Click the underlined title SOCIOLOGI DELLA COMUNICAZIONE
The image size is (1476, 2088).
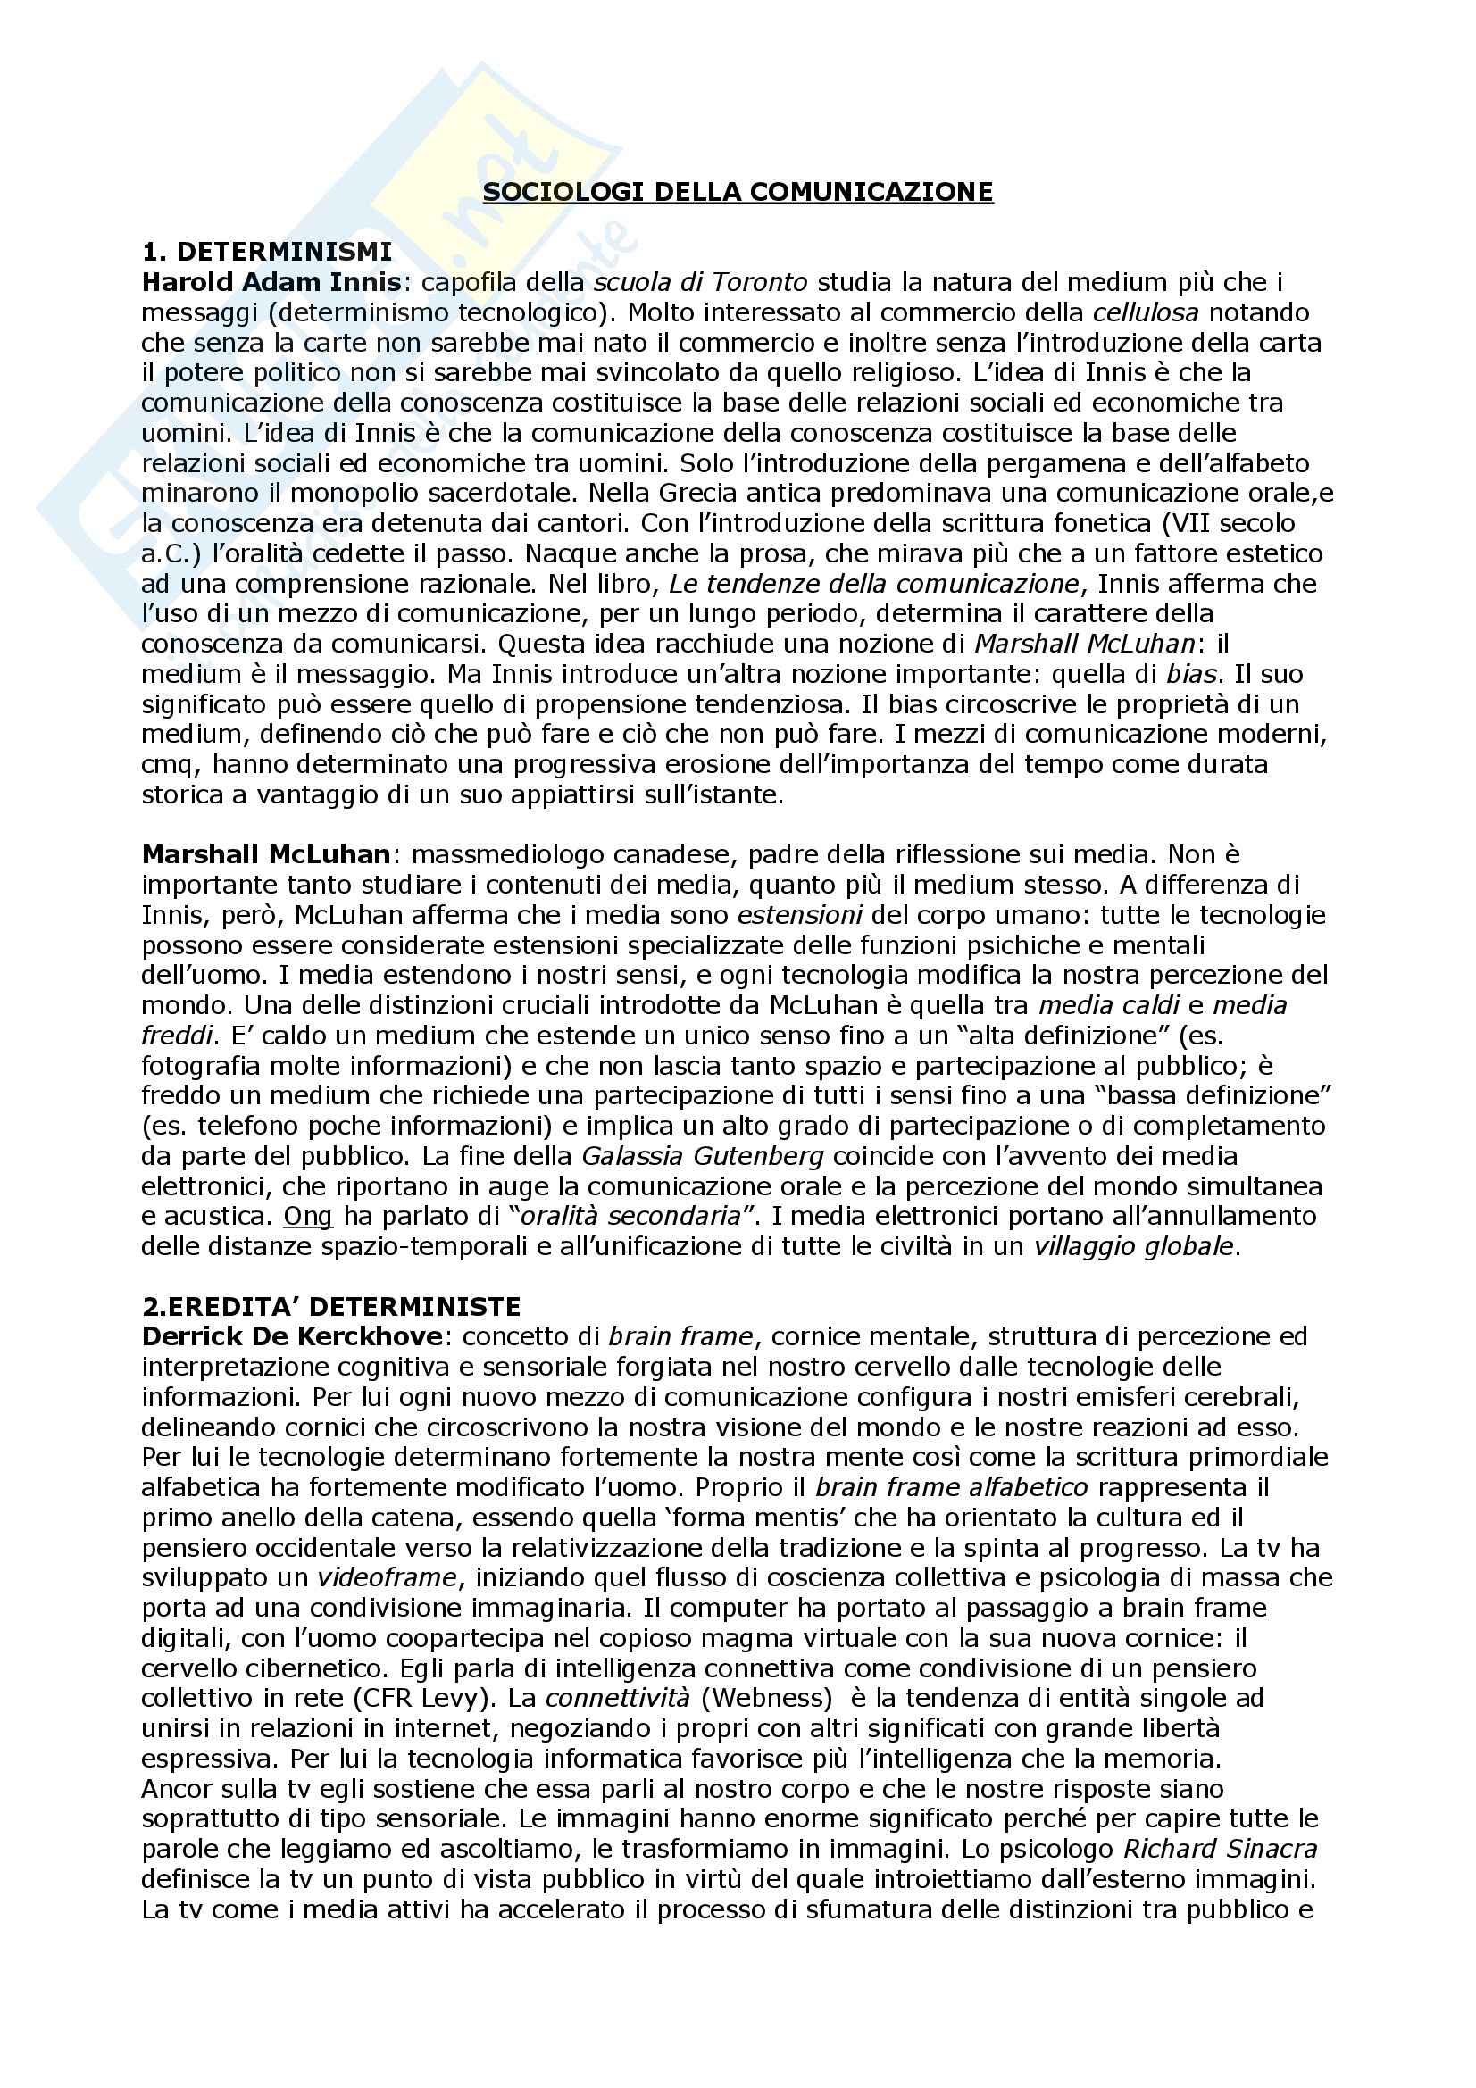pos(738,192)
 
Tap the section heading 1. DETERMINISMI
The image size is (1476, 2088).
pos(267,252)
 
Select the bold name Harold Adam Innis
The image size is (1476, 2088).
pos(271,282)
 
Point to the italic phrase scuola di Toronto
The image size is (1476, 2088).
pos(700,282)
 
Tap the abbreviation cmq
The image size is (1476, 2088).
pos(163,764)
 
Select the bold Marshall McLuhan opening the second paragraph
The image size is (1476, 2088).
pos(265,855)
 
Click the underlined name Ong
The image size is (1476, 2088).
pos(308,1216)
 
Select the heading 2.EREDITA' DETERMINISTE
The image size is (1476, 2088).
pos(331,1307)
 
